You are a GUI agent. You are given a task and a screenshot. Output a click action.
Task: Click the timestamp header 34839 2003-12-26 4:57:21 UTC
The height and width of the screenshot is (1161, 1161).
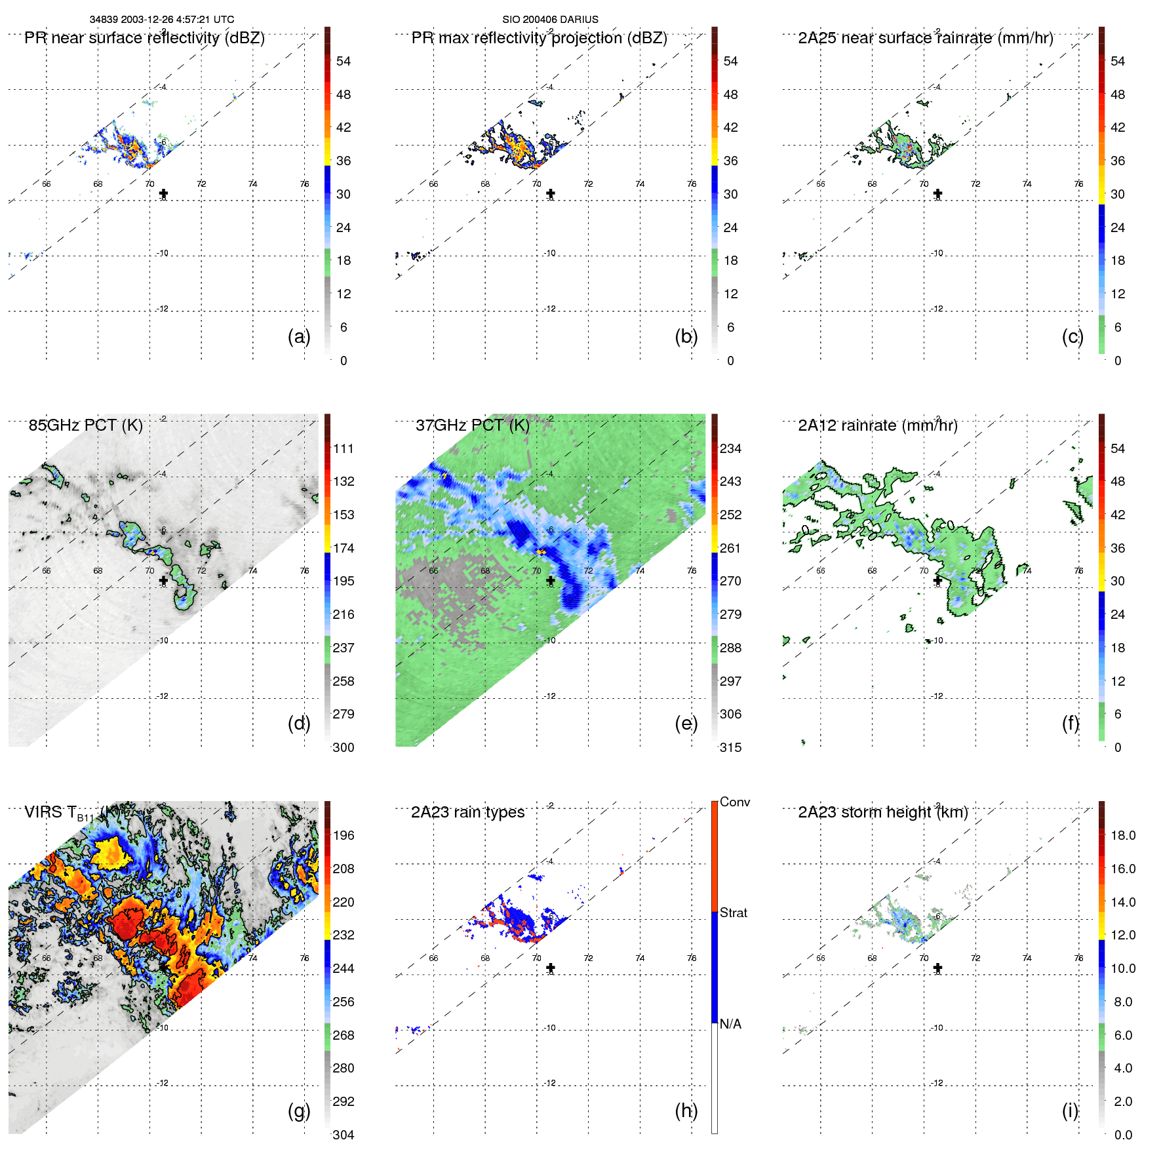[161, 20]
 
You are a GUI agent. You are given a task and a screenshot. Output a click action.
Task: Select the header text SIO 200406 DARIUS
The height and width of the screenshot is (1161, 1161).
[550, 20]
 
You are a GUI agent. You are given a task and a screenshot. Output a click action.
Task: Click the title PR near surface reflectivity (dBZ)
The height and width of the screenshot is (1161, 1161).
[144, 38]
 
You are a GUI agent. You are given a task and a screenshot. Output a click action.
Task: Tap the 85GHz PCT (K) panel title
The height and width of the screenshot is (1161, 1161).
[85, 425]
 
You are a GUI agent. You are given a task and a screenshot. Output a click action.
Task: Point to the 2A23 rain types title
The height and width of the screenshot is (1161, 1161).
[467, 812]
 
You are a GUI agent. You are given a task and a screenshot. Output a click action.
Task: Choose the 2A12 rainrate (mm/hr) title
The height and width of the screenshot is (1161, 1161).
[877, 425]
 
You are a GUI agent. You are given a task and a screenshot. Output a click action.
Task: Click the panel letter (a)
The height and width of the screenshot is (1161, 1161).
[298, 337]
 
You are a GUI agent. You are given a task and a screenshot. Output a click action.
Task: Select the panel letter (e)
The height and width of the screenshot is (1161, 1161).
[686, 724]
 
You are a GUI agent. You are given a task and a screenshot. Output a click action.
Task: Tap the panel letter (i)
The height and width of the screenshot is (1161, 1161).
[1070, 1111]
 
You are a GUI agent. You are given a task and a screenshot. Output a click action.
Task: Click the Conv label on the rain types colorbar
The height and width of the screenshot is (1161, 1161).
[734, 802]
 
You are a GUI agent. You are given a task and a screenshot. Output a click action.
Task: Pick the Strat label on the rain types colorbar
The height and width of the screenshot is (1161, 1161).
[733, 913]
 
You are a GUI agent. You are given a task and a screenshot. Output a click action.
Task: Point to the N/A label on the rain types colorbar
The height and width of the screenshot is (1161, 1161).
[730, 1024]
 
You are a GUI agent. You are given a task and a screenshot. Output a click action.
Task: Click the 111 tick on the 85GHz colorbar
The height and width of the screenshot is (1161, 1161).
[344, 449]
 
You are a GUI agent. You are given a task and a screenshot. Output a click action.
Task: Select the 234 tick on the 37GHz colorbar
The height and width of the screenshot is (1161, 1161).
[730, 449]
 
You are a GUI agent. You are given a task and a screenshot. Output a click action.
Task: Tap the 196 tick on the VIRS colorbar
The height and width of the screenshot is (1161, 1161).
[344, 836]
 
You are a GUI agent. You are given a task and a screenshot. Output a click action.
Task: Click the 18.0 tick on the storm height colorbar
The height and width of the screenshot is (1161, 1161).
[1122, 836]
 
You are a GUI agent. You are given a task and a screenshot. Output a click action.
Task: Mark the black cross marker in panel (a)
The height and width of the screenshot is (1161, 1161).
[163, 193]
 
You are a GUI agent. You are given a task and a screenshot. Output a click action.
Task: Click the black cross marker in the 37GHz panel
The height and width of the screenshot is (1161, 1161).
[551, 581]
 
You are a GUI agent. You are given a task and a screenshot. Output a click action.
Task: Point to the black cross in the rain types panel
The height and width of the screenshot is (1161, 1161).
[551, 968]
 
